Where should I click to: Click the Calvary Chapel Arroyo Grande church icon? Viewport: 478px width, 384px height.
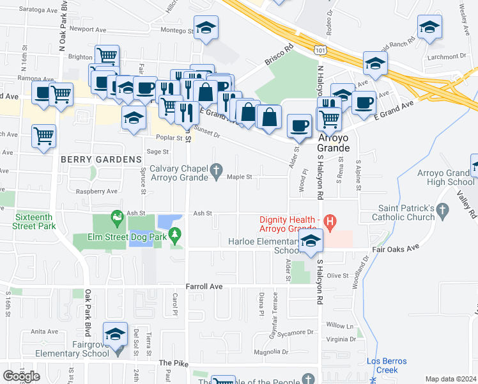pos(217,170)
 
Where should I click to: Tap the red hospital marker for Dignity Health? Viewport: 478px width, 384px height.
pos(330,223)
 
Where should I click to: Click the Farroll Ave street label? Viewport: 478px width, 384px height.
pos(204,287)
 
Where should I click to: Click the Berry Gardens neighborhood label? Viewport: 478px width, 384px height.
pos(100,159)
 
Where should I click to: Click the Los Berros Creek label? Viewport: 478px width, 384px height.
pos(383,365)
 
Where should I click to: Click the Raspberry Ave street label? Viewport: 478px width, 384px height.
pos(96,191)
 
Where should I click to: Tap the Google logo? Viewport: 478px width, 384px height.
pos(21,376)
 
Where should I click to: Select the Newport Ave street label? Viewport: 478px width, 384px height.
pos(88,29)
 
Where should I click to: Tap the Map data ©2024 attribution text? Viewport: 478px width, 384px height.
pos(451,379)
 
